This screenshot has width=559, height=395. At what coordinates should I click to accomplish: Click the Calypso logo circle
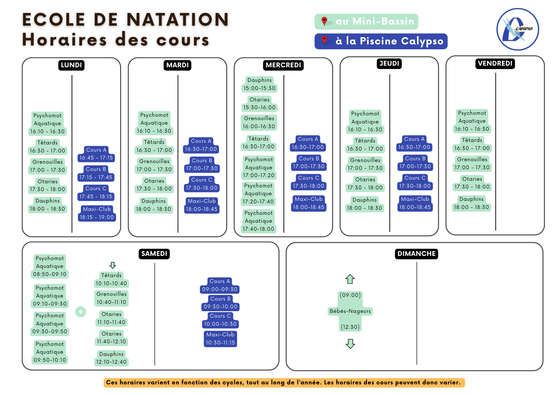518,29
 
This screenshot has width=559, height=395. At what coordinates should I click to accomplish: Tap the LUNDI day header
71,65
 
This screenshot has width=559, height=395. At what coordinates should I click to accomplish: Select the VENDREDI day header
495,63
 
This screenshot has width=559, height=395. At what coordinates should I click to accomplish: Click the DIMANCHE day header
416,254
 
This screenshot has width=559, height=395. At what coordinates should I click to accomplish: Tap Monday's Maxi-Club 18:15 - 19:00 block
97,213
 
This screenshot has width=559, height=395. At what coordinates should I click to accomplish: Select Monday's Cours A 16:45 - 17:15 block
96,154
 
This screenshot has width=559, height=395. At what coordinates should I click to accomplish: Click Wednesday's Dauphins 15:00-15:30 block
259,84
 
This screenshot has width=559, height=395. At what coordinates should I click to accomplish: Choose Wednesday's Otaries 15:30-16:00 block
259,104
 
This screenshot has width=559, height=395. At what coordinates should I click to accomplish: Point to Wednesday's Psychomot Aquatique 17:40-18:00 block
259,221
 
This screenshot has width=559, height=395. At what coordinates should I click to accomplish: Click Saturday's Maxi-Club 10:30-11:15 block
221,339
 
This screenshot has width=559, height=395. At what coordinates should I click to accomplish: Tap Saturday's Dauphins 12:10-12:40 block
111,358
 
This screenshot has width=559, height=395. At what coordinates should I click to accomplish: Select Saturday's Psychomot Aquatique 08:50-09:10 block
50,266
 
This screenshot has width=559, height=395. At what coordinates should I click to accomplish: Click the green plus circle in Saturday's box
80,312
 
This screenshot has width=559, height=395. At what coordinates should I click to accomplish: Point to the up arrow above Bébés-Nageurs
350,279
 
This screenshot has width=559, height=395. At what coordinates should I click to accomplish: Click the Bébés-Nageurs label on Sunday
350,311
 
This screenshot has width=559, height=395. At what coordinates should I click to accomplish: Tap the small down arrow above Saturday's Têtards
113,265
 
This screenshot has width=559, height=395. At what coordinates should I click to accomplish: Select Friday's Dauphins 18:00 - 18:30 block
472,203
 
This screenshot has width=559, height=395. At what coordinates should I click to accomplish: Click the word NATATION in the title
178,20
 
